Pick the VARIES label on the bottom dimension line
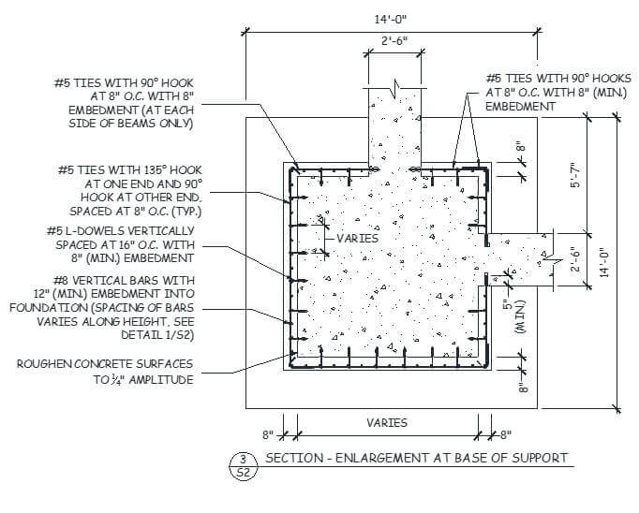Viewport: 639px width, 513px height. [x=386, y=422]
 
